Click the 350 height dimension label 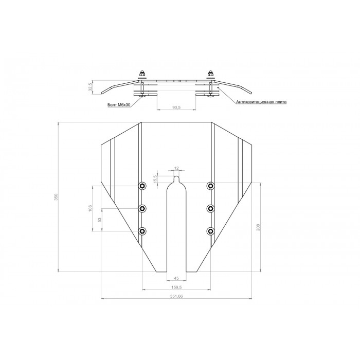tap(56, 197)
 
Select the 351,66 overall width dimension tap(176, 296)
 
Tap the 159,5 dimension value tap(176, 287)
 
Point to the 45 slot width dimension tap(176, 278)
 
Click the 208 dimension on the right tap(258, 227)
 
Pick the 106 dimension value tap(90, 208)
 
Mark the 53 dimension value tap(99, 220)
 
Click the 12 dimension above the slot tap(176, 168)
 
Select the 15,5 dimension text tap(155, 179)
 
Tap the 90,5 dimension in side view tap(176, 107)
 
